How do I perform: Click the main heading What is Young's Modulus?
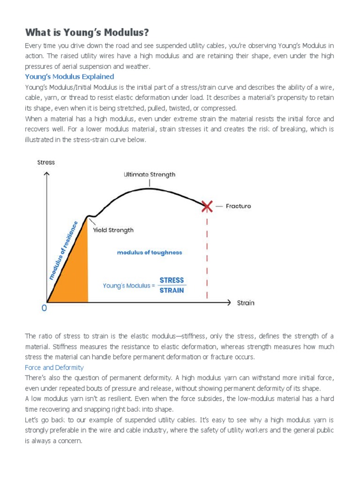click(87, 32)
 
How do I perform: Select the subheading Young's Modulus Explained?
click(69, 76)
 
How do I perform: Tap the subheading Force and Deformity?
click(54, 367)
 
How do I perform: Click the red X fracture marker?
click(207, 205)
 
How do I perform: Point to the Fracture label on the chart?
click(238, 206)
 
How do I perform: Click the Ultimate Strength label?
click(150, 174)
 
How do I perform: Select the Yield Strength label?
click(113, 230)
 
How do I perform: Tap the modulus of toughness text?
click(150, 252)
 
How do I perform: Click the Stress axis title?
click(46, 162)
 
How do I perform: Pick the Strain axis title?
click(246, 303)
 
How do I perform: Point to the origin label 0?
click(44, 309)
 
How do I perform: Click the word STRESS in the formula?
click(172, 280)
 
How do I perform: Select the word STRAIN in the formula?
click(172, 290)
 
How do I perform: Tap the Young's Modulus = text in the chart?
click(128, 285)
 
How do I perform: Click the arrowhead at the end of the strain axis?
click(229, 302)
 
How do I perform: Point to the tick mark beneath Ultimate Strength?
click(150, 183)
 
